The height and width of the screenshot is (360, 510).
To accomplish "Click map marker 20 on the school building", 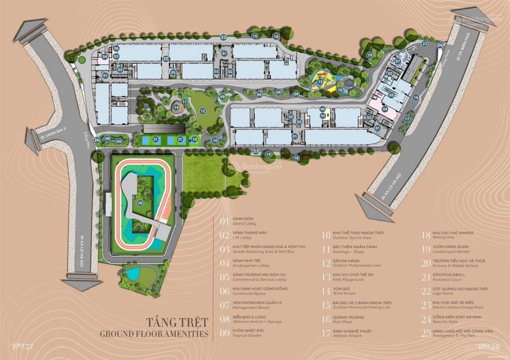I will (x=140, y=203).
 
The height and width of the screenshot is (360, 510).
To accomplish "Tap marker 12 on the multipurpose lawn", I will (x=203, y=111).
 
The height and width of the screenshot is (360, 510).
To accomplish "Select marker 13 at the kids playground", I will (x=320, y=82).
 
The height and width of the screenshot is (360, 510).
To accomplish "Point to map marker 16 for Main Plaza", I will (x=416, y=98).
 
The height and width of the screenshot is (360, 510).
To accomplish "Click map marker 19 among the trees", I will (x=370, y=55).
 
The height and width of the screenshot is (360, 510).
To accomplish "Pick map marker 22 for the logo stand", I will (x=424, y=43).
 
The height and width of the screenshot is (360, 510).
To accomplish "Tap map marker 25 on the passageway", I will (x=166, y=59).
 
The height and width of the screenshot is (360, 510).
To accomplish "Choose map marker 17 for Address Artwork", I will (x=407, y=119).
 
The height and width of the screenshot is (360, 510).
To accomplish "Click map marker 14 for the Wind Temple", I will (x=176, y=107).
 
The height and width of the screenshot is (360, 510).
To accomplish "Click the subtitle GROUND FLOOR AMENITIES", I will (x=154, y=334).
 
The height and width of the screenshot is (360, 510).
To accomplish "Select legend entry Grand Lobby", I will (x=245, y=224).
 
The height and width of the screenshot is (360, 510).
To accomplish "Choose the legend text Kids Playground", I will (x=349, y=280).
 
